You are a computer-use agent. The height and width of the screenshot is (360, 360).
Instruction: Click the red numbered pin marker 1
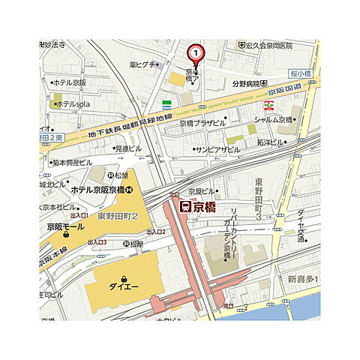pyautogui.click(x=195, y=53)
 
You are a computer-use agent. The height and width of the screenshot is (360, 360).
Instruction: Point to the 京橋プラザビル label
pyautogui.click(x=202, y=122)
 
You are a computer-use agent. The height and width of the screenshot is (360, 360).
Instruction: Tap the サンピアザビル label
pyautogui.click(x=217, y=149)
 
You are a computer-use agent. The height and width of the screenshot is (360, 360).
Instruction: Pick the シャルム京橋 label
pyautogui.click(x=273, y=119)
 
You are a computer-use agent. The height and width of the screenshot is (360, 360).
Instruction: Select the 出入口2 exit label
pyautogui.click(x=156, y=232)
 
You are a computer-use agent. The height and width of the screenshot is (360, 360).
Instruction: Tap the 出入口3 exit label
pyautogui.click(x=97, y=242)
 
